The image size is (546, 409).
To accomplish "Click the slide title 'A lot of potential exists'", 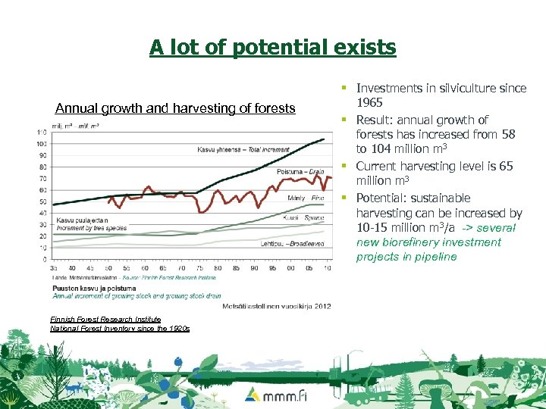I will (x=272, y=48).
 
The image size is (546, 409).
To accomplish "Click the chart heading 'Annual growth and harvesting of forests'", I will (x=175, y=108).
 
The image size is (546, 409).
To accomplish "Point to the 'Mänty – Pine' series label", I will (x=306, y=198).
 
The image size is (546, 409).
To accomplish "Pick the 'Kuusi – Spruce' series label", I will (x=303, y=217).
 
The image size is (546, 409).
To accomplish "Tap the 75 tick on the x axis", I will (x=199, y=267).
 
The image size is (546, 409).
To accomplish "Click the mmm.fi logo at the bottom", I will (x=273, y=395).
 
